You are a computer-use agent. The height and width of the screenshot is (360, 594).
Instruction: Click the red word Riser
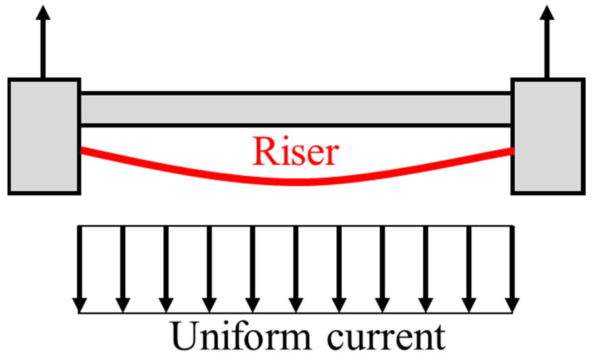pyautogui.click(x=295, y=151)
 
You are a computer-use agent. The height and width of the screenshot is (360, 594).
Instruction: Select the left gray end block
pyautogui.click(x=44, y=136)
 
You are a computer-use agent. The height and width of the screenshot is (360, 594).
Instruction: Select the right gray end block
pyautogui.click(x=548, y=136)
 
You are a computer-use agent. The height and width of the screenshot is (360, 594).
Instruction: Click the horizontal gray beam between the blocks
pyautogui.click(x=296, y=109)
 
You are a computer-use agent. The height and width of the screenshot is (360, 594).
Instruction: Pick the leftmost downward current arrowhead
pyautogui.click(x=79, y=305)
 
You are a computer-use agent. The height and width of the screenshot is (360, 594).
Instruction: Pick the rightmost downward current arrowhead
pyautogui.click(x=512, y=305)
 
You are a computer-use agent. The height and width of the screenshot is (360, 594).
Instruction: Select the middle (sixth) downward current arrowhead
pyautogui.click(x=296, y=305)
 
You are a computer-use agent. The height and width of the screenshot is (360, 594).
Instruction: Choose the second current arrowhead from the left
pyautogui.click(x=123, y=305)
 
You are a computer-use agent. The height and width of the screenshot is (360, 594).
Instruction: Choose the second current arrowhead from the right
pyautogui.click(x=469, y=305)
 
